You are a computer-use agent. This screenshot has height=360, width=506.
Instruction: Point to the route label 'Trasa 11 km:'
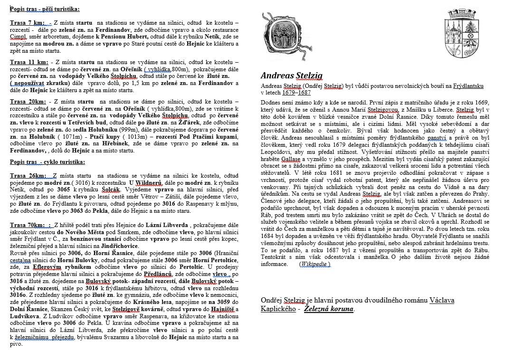[x=29, y=62]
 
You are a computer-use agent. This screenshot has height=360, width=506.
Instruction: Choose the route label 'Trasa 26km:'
[x=28, y=176]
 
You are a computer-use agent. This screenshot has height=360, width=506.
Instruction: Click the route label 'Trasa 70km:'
[x=28, y=224]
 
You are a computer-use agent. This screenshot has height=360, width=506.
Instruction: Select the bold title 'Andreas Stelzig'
[x=291, y=75]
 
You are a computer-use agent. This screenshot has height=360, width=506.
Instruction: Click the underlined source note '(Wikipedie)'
[x=315, y=265]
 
